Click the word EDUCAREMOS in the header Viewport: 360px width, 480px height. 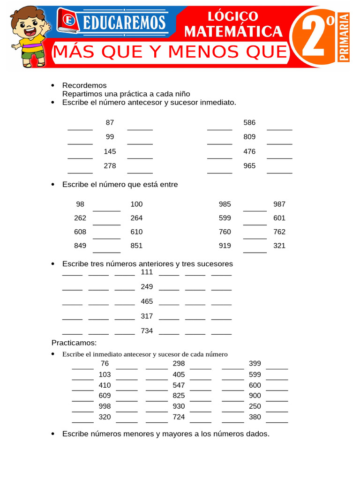(x=123, y=22)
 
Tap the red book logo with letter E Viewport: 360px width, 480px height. (x=68, y=21)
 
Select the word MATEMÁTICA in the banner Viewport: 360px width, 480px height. (x=233, y=31)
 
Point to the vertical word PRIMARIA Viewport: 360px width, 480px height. (x=344, y=37)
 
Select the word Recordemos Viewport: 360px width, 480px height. (x=84, y=85)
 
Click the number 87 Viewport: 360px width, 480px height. (x=110, y=122)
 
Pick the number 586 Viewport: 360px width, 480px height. (x=249, y=122)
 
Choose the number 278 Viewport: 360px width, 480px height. (x=110, y=166)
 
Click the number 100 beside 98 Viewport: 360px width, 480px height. (x=136, y=204)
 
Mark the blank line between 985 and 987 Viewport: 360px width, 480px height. (x=255, y=210)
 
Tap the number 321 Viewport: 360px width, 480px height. (x=279, y=246)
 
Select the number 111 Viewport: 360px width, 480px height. (x=147, y=272)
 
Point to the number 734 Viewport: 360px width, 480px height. (x=147, y=331)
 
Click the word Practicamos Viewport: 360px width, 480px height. (x=74, y=343)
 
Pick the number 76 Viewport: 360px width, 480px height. (x=105, y=363)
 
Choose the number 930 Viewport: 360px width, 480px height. (x=179, y=406)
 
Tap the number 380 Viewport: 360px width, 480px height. (x=255, y=417)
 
